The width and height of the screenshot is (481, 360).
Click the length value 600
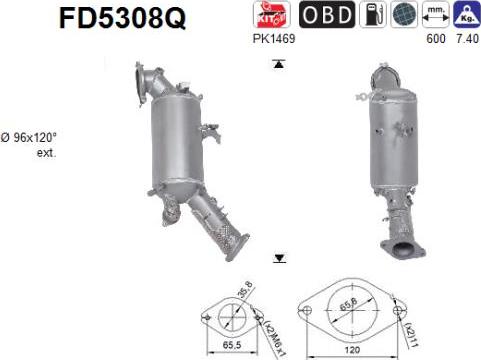[432, 38]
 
